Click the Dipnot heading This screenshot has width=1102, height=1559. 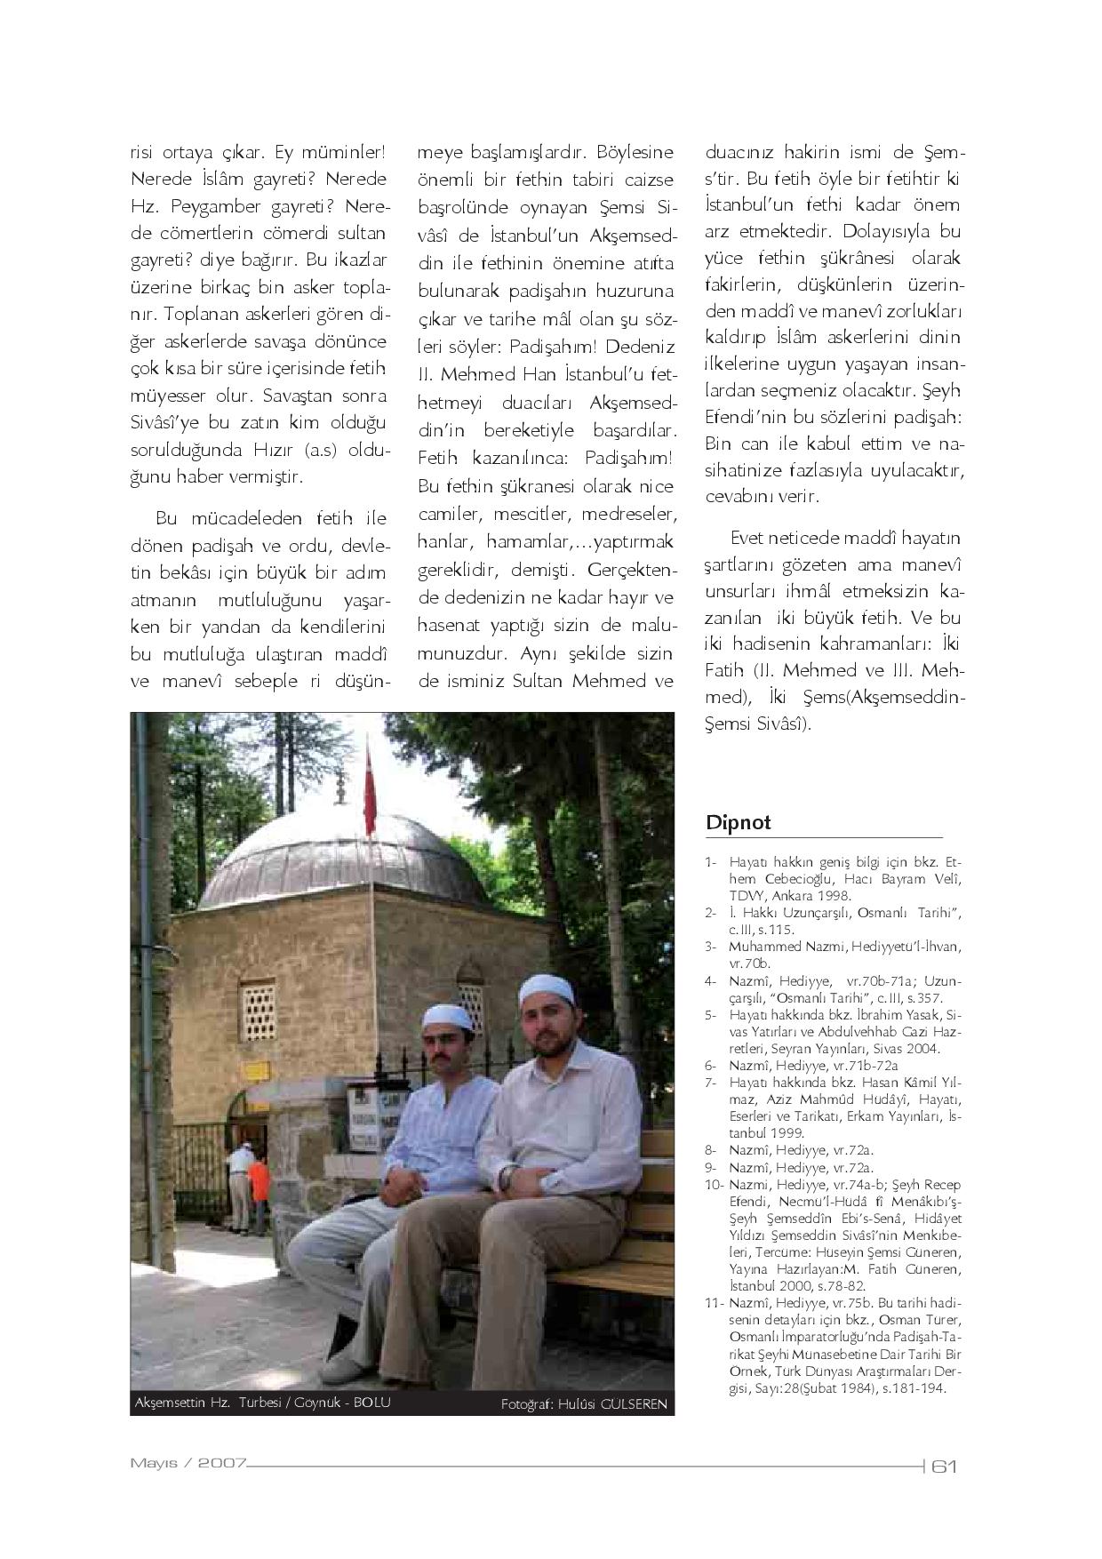(x=738, y=822)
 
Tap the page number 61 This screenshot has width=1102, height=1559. (x=943, y=1467)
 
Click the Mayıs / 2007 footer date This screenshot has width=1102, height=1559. (x=188, y=1463)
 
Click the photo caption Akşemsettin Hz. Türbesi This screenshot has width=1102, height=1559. (x=261, y=1402)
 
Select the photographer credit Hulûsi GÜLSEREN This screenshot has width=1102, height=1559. (x=583, y=1404)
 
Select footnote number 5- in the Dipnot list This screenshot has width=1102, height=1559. (x=710, y=1015)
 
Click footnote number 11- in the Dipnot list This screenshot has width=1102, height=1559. (x=713, y=1303)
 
